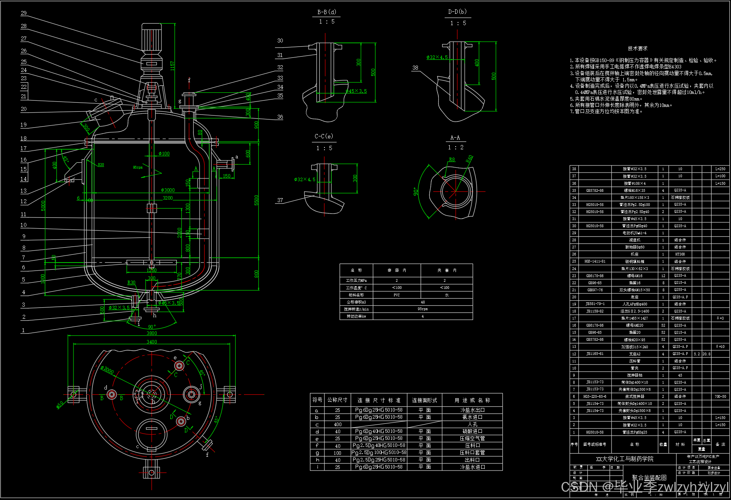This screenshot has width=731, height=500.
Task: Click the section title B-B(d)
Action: click(327, 12)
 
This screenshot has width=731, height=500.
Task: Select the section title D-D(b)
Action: click(457, 12)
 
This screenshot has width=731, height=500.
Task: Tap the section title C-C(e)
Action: click(324, 136)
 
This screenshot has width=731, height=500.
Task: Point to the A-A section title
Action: click(455, 138)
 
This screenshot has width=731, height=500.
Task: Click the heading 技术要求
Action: click(638, 48)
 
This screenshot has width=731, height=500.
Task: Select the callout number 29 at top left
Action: click(24, 13)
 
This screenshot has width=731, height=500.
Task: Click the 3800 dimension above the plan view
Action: click(152, 333)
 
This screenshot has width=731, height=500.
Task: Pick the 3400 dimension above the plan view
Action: click(152, 342)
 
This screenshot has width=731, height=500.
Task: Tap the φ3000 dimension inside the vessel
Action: click(168, 190)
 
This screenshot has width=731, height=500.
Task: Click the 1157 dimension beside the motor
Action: click(172, 66)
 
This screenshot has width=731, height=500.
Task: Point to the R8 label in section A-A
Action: click(452, 160)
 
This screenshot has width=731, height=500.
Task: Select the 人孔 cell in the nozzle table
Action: click(473, 425)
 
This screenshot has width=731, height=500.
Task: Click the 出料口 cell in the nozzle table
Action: click(473, 460)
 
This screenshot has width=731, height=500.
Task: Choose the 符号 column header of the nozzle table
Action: click(317, 400)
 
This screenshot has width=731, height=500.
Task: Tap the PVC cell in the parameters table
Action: click(396, 295)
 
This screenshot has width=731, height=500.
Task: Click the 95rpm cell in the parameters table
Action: click(423, 309)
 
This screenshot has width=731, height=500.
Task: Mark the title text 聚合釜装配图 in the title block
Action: click(649, 478)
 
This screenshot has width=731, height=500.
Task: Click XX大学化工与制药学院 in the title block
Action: click(625, 459)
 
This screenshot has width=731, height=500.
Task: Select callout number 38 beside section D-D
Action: click(415, 68)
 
